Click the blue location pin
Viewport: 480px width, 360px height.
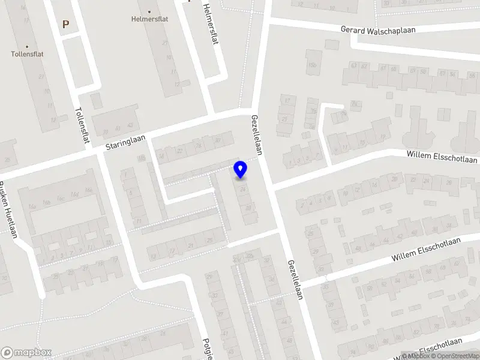pyautogui.click(x=241, y=170)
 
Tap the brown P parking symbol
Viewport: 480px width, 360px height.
pyautogui.click(x=66, y=24)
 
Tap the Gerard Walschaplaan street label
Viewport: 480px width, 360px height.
pyautogui.click(x=378, y=29)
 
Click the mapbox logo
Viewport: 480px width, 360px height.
pyautogui.click(x=26, y=352)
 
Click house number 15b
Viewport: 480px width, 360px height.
pyautogui.click(x=311, y=64)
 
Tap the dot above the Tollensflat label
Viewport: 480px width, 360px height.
pyautogui.click(x=27, y=46)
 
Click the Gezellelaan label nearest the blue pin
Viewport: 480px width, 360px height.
pyautogui.click(x=257, y=134)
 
